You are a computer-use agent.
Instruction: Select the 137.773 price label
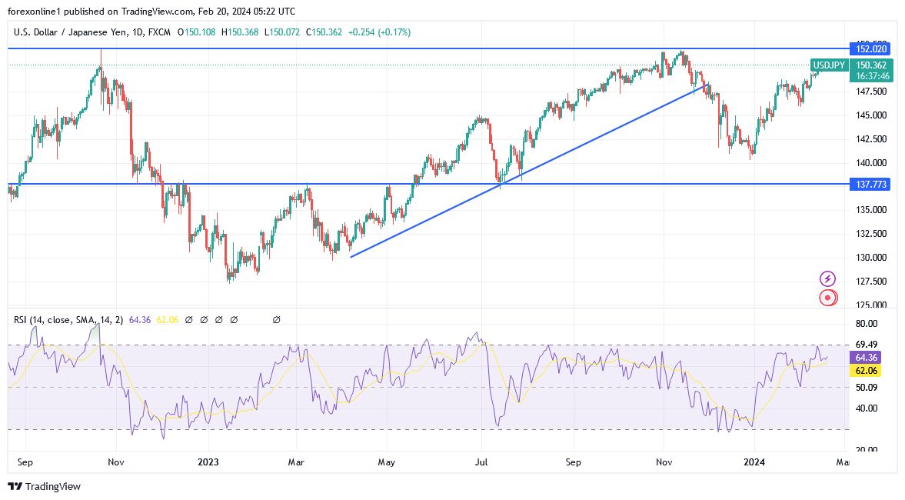869,185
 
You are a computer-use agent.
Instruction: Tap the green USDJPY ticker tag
830,65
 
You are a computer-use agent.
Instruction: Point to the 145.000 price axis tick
870,115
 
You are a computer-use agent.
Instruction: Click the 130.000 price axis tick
870,258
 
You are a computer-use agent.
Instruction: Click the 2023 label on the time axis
208,462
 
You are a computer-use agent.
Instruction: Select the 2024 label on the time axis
754,462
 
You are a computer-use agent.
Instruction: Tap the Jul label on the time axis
481,462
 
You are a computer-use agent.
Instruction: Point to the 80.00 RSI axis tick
867,324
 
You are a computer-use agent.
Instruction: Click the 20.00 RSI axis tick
867,450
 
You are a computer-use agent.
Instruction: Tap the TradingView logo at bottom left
44,486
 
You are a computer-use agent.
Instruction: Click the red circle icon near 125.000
828,298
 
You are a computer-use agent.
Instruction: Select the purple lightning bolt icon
828,278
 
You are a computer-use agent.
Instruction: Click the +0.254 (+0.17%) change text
379,32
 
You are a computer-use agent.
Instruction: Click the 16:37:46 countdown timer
869,76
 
